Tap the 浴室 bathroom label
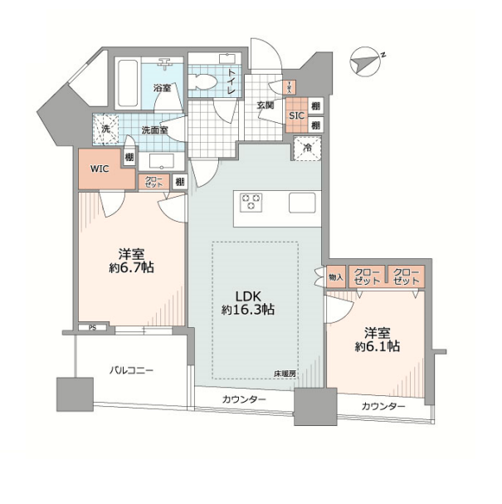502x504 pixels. click(x=162, y=87)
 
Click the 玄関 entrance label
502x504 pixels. click(x=266, y=105)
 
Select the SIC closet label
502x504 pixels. click(x=295, y=117)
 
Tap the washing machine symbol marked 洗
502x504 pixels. click(x=106, y=130)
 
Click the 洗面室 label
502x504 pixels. click(x=154, y=130)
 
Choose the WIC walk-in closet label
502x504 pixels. click(x=100, y=169)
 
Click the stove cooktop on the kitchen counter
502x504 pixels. click(x=251, y=202)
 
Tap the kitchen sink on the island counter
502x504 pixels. click(x=301, y=202)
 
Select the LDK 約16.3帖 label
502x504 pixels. click(x=249, y=301)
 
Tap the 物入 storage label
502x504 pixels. click(x=335, y=276)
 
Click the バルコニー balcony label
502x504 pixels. click(x=131, y=370)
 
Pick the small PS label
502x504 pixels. click(x=92, y=327)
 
